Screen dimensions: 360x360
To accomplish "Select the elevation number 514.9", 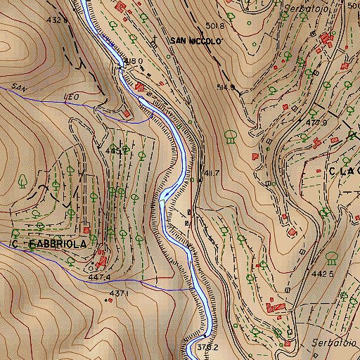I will pyautogui.click(x=225, y=87).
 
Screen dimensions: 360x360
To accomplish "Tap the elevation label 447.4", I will pyautogui.click(x=101, y=278).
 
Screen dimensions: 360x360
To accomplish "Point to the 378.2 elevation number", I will pyautogui.click(x=206, y=347).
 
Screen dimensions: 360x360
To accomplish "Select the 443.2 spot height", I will pyautogui.click(x=115, y=150).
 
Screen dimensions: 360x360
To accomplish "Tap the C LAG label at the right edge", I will pyautogui.click(x=343, y=170).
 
